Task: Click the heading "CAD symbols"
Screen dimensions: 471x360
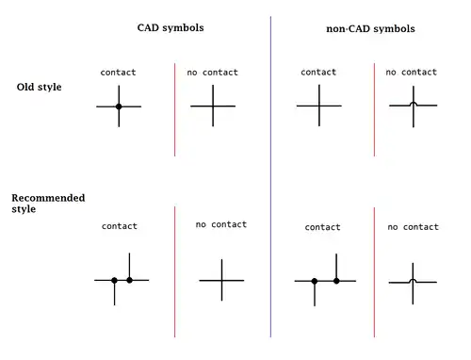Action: [x=171, y=28]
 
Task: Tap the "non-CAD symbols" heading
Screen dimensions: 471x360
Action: [x=370, y=29]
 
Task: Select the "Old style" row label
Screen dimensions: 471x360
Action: [x=39, y=87]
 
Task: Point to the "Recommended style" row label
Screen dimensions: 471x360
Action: [x=48, y=204]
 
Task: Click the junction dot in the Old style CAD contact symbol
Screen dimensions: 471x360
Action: [x=119, y=106]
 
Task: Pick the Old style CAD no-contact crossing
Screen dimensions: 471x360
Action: [x=213, y=106]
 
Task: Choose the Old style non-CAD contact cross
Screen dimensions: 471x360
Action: [x=319, y=106]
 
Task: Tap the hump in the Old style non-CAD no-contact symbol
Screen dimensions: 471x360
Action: [x=414, y=103]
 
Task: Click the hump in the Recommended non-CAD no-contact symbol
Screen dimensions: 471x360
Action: [x=413, y=280]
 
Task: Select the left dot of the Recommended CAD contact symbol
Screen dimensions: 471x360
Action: [x=114, y=280]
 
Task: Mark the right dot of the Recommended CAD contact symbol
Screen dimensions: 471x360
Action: [x=129, y=280]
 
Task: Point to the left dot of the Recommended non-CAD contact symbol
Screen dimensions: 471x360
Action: [x=315, y=281]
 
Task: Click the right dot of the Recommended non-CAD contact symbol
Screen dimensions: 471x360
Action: [x=336, y=281]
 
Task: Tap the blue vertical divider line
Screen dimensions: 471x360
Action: [x=270, y=177]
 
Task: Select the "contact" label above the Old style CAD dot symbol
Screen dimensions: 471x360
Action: [x=118, y=73]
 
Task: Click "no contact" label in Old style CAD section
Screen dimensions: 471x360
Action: [x=213, y=73]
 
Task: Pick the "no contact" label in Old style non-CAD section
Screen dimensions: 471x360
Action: [x=412, y=73]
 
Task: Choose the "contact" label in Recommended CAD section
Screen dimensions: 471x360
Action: [x=120, y=226]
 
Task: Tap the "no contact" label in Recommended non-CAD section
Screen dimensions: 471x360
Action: [x=414, y=227]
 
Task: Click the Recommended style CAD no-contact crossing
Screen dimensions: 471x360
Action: [x=221, y=280]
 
